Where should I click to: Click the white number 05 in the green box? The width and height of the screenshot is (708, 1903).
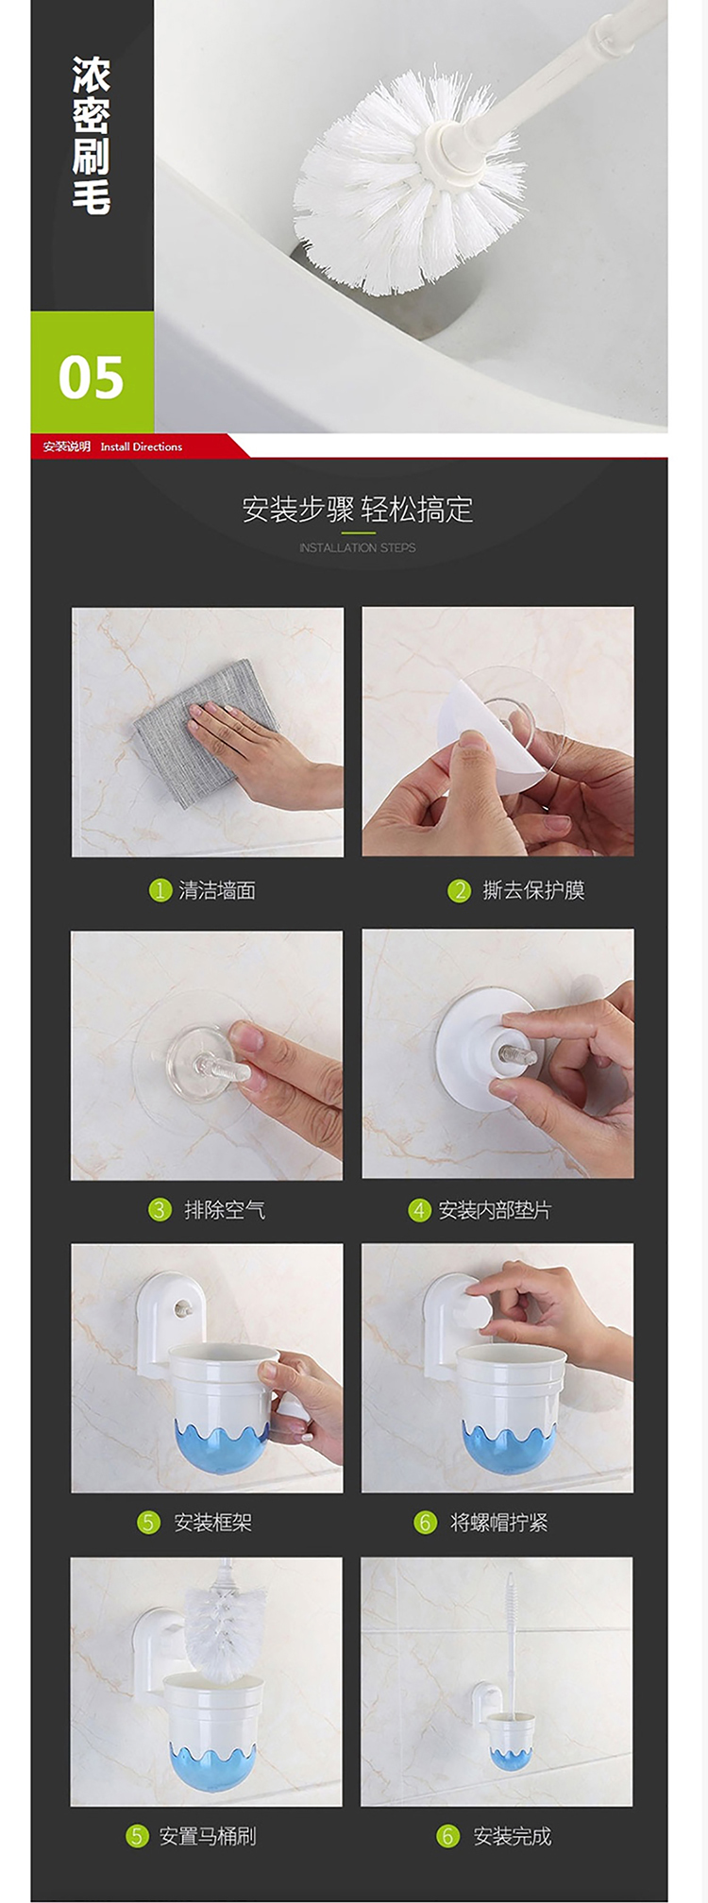coord(91,377)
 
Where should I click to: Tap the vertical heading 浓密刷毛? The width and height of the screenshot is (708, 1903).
coord(91,136)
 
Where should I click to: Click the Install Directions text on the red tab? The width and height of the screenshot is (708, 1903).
coord(142,446)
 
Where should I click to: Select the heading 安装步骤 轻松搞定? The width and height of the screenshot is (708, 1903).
coord(358,510)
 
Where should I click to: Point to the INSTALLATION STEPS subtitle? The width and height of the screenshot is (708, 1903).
coord(358,547)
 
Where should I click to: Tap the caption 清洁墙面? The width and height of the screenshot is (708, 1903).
coord(217,890)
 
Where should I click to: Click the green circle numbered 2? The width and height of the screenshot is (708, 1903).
coord(459,890)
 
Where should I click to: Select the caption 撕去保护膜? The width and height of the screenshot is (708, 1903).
coord(533,890)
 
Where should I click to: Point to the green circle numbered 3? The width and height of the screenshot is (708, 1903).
coord(160,1209)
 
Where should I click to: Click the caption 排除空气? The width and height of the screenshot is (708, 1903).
coord(225,1209)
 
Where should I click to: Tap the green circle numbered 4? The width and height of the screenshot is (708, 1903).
coord(419,1209)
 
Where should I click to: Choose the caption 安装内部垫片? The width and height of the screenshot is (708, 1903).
coord(495,1209)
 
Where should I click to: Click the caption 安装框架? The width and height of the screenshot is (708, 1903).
coord(212,1522)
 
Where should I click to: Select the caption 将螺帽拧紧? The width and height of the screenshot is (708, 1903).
coord(498,1522)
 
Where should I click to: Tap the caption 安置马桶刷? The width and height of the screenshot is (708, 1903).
coord(208,1835)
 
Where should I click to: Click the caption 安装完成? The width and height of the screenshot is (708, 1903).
coord(513,1835)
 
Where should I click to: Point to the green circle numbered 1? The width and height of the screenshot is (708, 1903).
coord(160,890)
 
